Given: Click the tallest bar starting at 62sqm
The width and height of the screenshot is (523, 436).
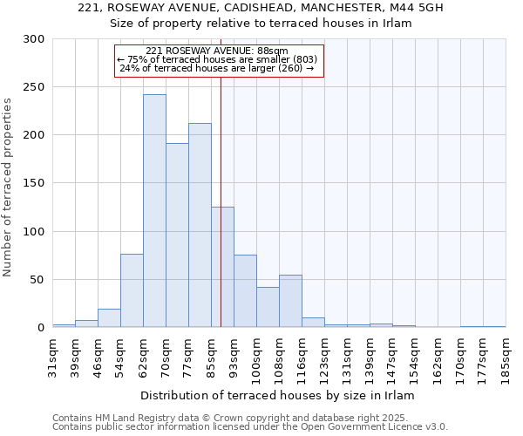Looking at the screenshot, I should point(154,211).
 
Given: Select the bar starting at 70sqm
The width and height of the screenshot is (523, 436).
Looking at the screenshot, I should point(177,235).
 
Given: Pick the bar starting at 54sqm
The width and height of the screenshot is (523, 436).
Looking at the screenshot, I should point(132,290).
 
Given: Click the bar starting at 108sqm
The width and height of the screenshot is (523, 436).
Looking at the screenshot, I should point(290,301).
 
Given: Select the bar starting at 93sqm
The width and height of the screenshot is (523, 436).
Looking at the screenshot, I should point(245,291).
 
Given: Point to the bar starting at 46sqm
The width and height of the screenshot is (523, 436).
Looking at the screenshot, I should point(109,318).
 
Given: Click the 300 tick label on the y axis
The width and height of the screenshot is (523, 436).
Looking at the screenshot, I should point(35,39).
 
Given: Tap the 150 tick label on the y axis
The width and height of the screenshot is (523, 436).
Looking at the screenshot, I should point(35,183).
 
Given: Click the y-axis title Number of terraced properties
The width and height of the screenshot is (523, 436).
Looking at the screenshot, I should point(9,187).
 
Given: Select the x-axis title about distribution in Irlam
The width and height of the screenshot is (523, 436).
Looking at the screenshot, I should point(280,395).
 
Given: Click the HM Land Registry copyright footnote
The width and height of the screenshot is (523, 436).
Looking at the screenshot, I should point(248,418).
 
